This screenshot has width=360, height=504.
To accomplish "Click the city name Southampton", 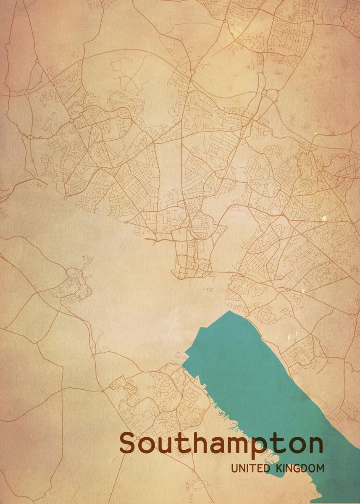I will point(221,444).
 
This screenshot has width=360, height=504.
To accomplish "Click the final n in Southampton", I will point(315,445).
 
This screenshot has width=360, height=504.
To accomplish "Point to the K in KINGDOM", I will point(279,468).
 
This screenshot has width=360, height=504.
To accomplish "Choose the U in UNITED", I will point(234,468).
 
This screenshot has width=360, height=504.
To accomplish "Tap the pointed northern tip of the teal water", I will point(229,311).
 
